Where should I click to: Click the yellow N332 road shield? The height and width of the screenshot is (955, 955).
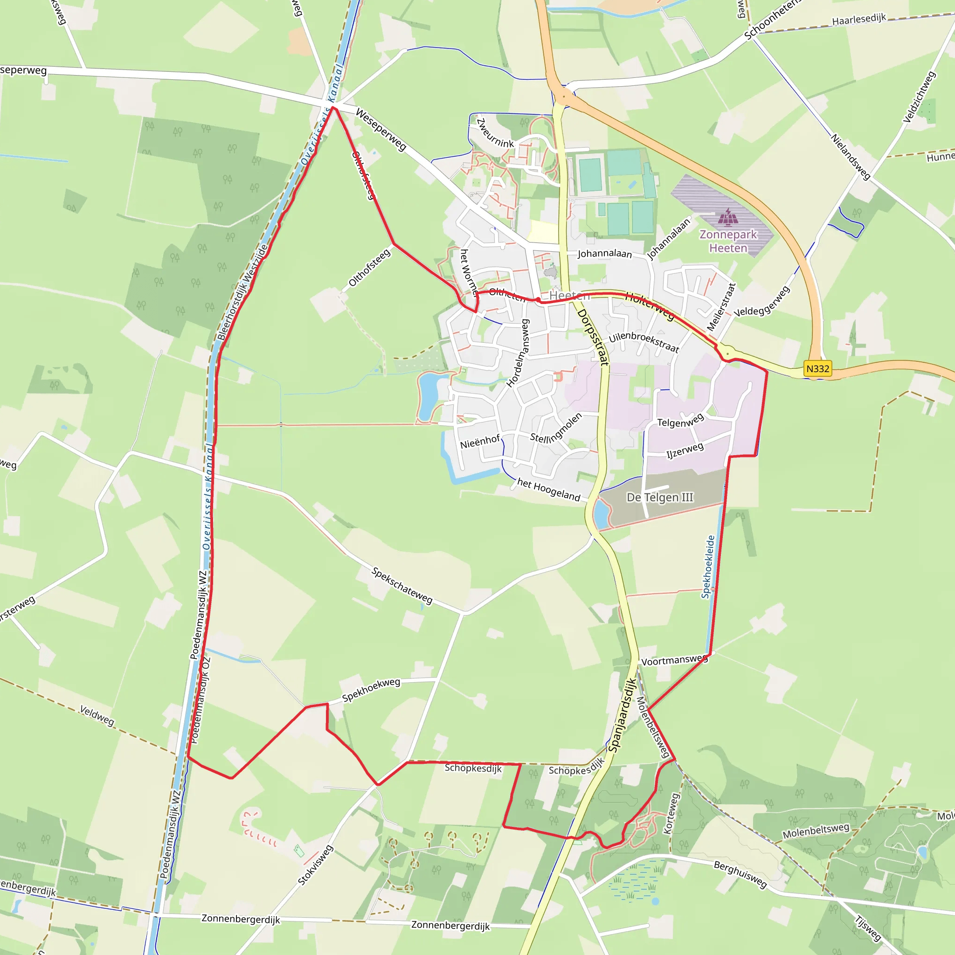[x=817, y=369]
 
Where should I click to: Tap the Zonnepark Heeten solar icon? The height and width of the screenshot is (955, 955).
[x=727, y=216]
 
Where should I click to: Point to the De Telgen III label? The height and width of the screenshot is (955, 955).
[x=660, y=497]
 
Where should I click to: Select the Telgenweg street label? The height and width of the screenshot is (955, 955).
[x=680, y=421]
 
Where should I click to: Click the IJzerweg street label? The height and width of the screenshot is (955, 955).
[x=685, y=450]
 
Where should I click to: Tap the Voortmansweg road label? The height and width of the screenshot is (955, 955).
[x=674, y=660]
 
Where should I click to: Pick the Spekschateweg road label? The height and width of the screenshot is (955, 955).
[x=402, y=586]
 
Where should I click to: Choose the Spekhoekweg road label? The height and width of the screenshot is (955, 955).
[x=371, y=690]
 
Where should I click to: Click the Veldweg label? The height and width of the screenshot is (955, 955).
[x=97, y=716]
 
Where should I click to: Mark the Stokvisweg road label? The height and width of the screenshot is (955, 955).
[x=315, y=865]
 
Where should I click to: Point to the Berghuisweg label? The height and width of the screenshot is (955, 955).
[x=740, y=874]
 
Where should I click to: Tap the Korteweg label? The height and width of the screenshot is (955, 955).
[x=672, y=814]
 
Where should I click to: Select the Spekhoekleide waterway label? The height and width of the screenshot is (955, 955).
[x=708, y=567]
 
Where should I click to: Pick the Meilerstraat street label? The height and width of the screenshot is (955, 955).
[x=721, y=306]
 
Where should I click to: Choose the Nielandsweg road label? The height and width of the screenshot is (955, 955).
[x=850, y=157]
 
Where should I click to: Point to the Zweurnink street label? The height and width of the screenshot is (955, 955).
[x=495, y=133]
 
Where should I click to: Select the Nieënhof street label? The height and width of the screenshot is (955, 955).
[x=480, y=442]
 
